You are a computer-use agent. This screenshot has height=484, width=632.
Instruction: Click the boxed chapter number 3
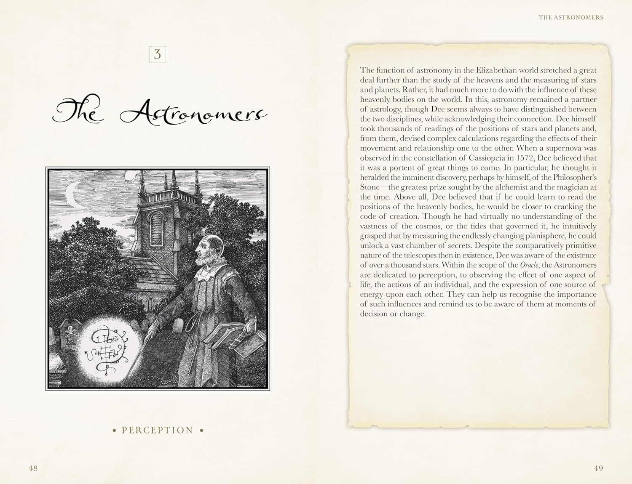[158, 54]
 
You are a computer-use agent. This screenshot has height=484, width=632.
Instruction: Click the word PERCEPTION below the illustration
[158, 430]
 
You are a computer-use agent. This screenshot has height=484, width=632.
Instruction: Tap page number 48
[33, 468]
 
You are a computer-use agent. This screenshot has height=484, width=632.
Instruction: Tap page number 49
[598, 468]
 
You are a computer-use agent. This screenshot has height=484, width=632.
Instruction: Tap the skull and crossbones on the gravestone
[70, 330]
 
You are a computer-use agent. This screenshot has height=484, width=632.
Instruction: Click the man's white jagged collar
[207, 274]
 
